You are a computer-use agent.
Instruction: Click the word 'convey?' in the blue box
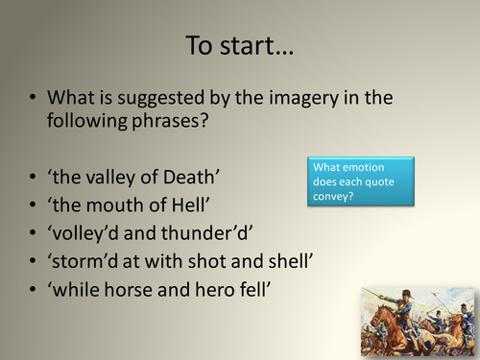(x=332, y=196)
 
